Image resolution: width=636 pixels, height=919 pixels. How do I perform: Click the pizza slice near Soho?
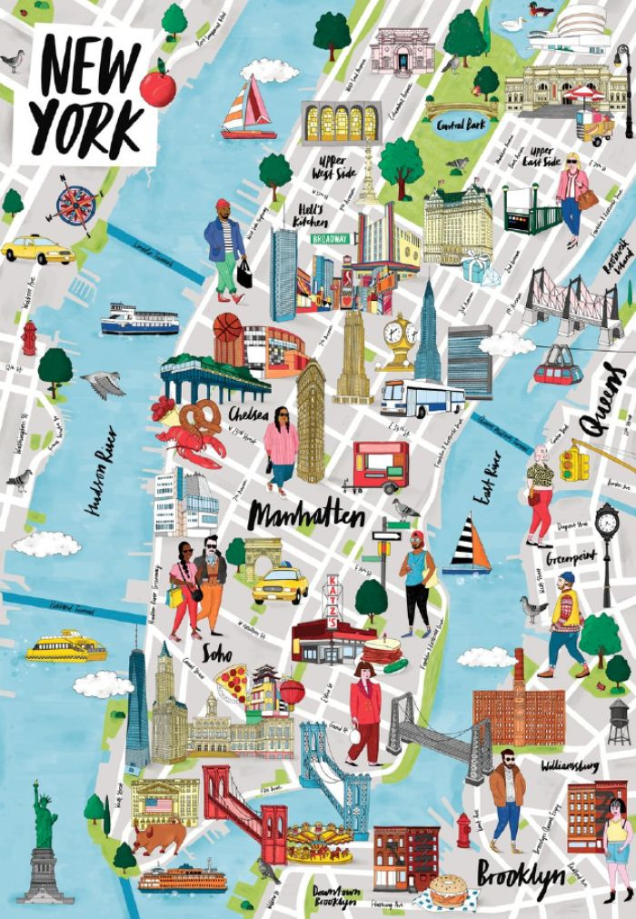(x=230, y=681)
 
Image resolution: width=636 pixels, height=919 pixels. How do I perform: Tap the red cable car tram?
(x=556, y=368)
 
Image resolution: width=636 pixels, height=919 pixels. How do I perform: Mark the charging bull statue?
(x=158, y=836)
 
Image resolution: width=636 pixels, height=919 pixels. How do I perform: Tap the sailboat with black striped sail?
(x=469, y=544)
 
